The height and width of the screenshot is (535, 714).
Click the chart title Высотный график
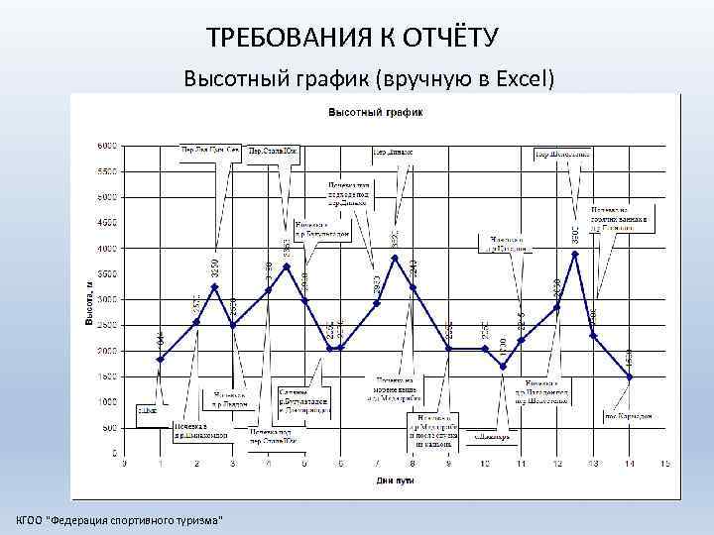376,112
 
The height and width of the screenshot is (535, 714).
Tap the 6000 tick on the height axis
106,145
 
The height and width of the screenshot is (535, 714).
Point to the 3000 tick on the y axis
106,299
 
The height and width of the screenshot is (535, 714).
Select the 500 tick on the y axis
109,428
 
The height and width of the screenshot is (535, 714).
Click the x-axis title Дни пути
395,481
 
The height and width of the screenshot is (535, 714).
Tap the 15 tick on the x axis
664,464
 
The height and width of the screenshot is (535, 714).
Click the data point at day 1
161,360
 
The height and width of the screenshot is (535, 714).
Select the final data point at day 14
629,376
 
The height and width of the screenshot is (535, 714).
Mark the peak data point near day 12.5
575,254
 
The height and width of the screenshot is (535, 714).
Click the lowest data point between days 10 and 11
503,367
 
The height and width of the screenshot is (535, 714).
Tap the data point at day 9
448,349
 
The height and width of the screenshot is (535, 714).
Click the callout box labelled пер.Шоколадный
563,154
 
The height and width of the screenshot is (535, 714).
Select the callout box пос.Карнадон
630,417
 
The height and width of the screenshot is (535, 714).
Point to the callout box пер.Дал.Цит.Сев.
210,151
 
